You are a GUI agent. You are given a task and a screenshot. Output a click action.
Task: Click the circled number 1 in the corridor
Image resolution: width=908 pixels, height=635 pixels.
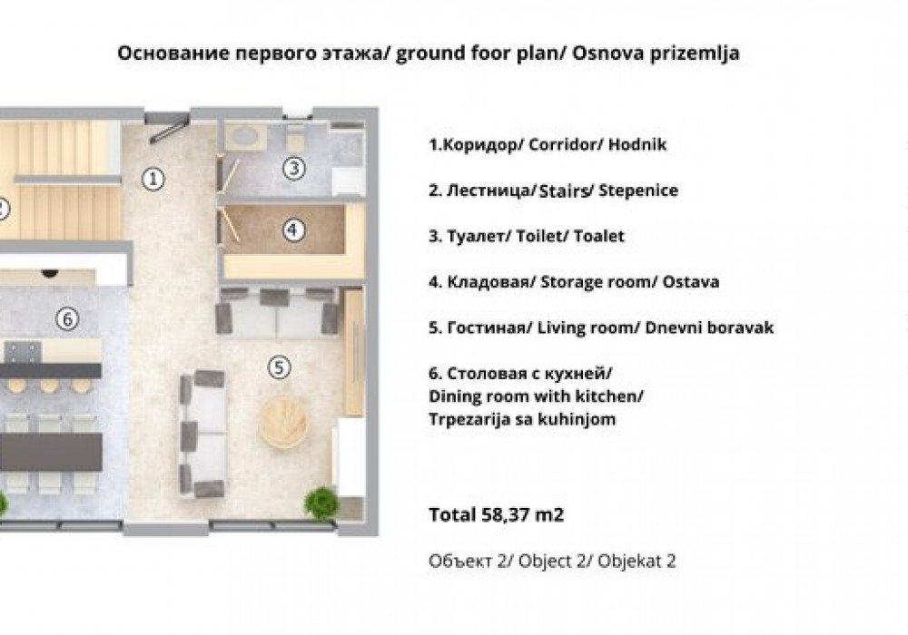(154, 179)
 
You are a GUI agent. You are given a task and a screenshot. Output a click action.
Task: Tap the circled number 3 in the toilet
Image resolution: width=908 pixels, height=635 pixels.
(291, 167)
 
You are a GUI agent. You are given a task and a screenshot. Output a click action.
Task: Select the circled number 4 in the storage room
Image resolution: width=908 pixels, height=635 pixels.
(291, 230)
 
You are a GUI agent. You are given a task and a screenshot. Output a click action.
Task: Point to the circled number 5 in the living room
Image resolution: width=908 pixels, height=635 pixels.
(280, 366)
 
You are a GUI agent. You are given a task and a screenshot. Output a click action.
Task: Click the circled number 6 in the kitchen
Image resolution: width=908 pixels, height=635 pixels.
(64, 318)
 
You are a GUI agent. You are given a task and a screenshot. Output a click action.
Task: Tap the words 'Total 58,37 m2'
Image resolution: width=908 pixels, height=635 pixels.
(496, 515)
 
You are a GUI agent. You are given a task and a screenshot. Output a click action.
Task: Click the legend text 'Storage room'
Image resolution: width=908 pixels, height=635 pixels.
(585, 281)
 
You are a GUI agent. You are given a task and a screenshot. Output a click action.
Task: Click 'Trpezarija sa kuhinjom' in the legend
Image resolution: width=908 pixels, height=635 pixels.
(523, 418)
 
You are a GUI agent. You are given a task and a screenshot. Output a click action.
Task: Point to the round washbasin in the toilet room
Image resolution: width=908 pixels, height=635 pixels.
(244, 137)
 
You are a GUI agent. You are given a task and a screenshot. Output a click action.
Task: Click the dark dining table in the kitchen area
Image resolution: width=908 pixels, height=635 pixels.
(50, 451)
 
